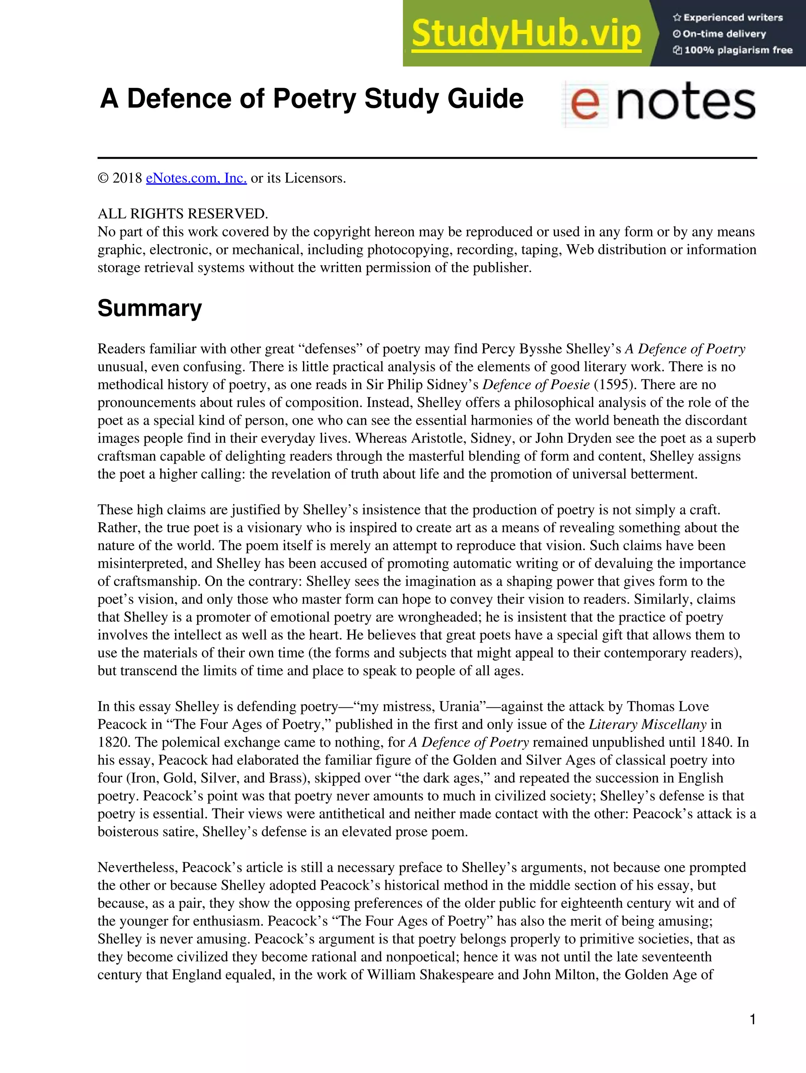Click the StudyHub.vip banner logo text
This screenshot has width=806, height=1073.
(x=526, y=34)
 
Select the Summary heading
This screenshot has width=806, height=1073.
(x=150, y=308)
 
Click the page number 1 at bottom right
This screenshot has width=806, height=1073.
(x=752, y=1019)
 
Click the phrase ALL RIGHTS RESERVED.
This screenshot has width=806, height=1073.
(x=183, y=213)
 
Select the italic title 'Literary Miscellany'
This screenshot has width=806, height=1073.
(x=647, y=724)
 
